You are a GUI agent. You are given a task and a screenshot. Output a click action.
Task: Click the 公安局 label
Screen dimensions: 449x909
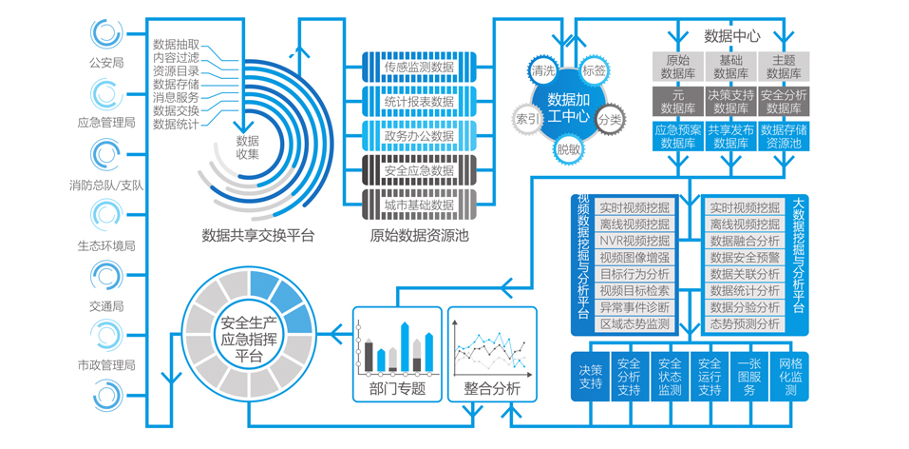click(106, 64)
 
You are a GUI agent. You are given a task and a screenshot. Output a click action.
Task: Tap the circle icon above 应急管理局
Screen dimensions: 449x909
click(106, 94)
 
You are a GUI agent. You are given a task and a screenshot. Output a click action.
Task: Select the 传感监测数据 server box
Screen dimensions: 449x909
click(419, 67)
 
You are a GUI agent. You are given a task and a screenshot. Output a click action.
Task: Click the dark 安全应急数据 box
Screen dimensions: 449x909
click(419, 170)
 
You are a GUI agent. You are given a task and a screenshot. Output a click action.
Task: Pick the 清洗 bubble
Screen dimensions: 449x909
click(543, 71)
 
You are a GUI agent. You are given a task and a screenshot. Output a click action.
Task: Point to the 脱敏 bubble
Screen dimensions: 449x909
click(569, 148)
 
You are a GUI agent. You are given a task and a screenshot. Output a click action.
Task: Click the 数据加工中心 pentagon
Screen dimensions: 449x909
click(569, 108)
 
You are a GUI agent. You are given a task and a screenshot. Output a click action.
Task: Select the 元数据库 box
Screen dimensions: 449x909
click(678, 102)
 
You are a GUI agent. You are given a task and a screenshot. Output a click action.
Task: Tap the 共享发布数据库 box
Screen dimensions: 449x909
click(731, 136)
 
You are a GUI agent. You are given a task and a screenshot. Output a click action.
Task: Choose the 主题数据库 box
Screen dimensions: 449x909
click(784, 66)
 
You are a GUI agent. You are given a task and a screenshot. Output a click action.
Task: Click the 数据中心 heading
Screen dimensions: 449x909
click(731, 36)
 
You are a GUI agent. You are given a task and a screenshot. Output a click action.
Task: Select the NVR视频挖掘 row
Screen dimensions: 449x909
click(634, 241)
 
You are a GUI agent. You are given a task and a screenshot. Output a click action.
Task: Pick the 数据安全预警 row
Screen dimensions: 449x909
click(745, 258)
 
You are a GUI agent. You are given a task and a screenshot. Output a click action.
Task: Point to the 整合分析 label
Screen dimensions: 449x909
click(492, 388)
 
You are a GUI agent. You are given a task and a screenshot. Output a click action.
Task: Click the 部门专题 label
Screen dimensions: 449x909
click(397, 388)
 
